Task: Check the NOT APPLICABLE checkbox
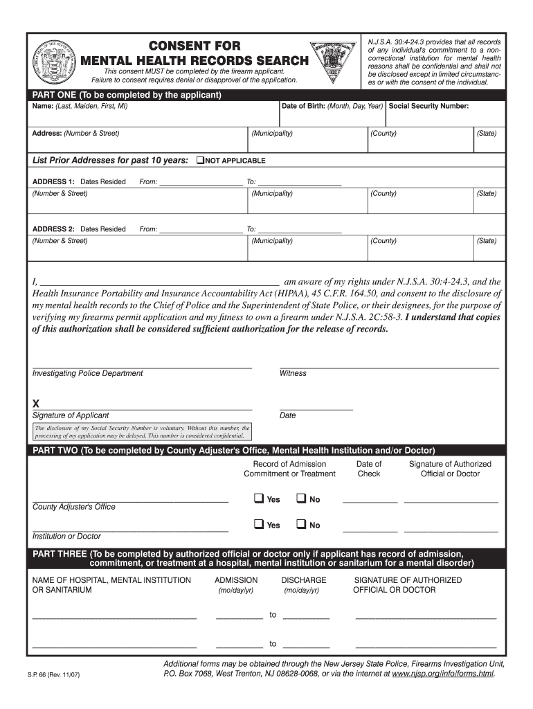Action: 201,160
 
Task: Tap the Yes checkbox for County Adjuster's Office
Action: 259,499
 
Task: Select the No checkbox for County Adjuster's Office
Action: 301,499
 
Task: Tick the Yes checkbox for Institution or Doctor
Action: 259,524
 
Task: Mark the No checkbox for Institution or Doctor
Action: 301,524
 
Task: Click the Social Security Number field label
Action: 429,107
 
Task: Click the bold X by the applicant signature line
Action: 36,404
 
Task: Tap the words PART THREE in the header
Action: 60,554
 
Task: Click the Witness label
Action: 293,373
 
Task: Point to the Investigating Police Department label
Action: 88,373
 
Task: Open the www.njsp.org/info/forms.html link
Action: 443,672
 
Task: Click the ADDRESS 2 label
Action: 53,229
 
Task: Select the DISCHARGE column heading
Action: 304,580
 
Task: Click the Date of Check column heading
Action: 368,469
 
